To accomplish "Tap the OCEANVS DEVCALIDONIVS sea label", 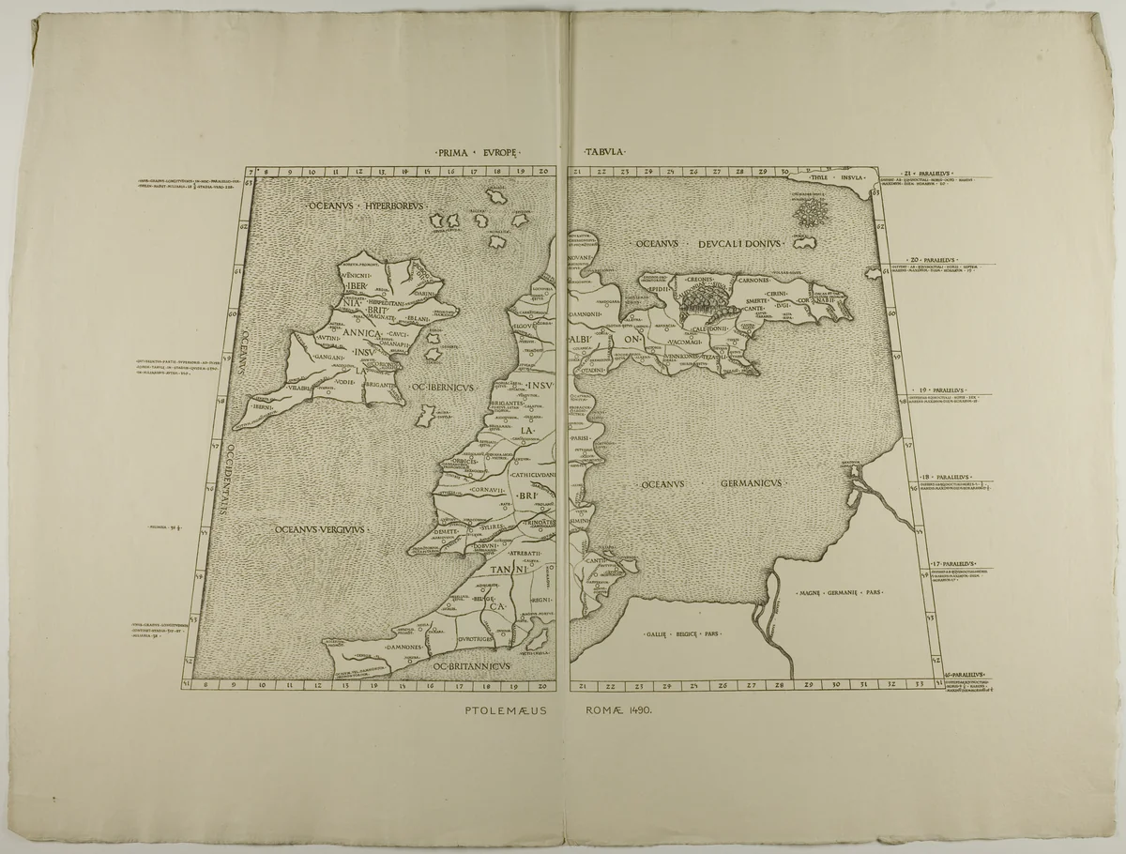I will click(708, 244).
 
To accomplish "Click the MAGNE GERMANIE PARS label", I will click(839, 593).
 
